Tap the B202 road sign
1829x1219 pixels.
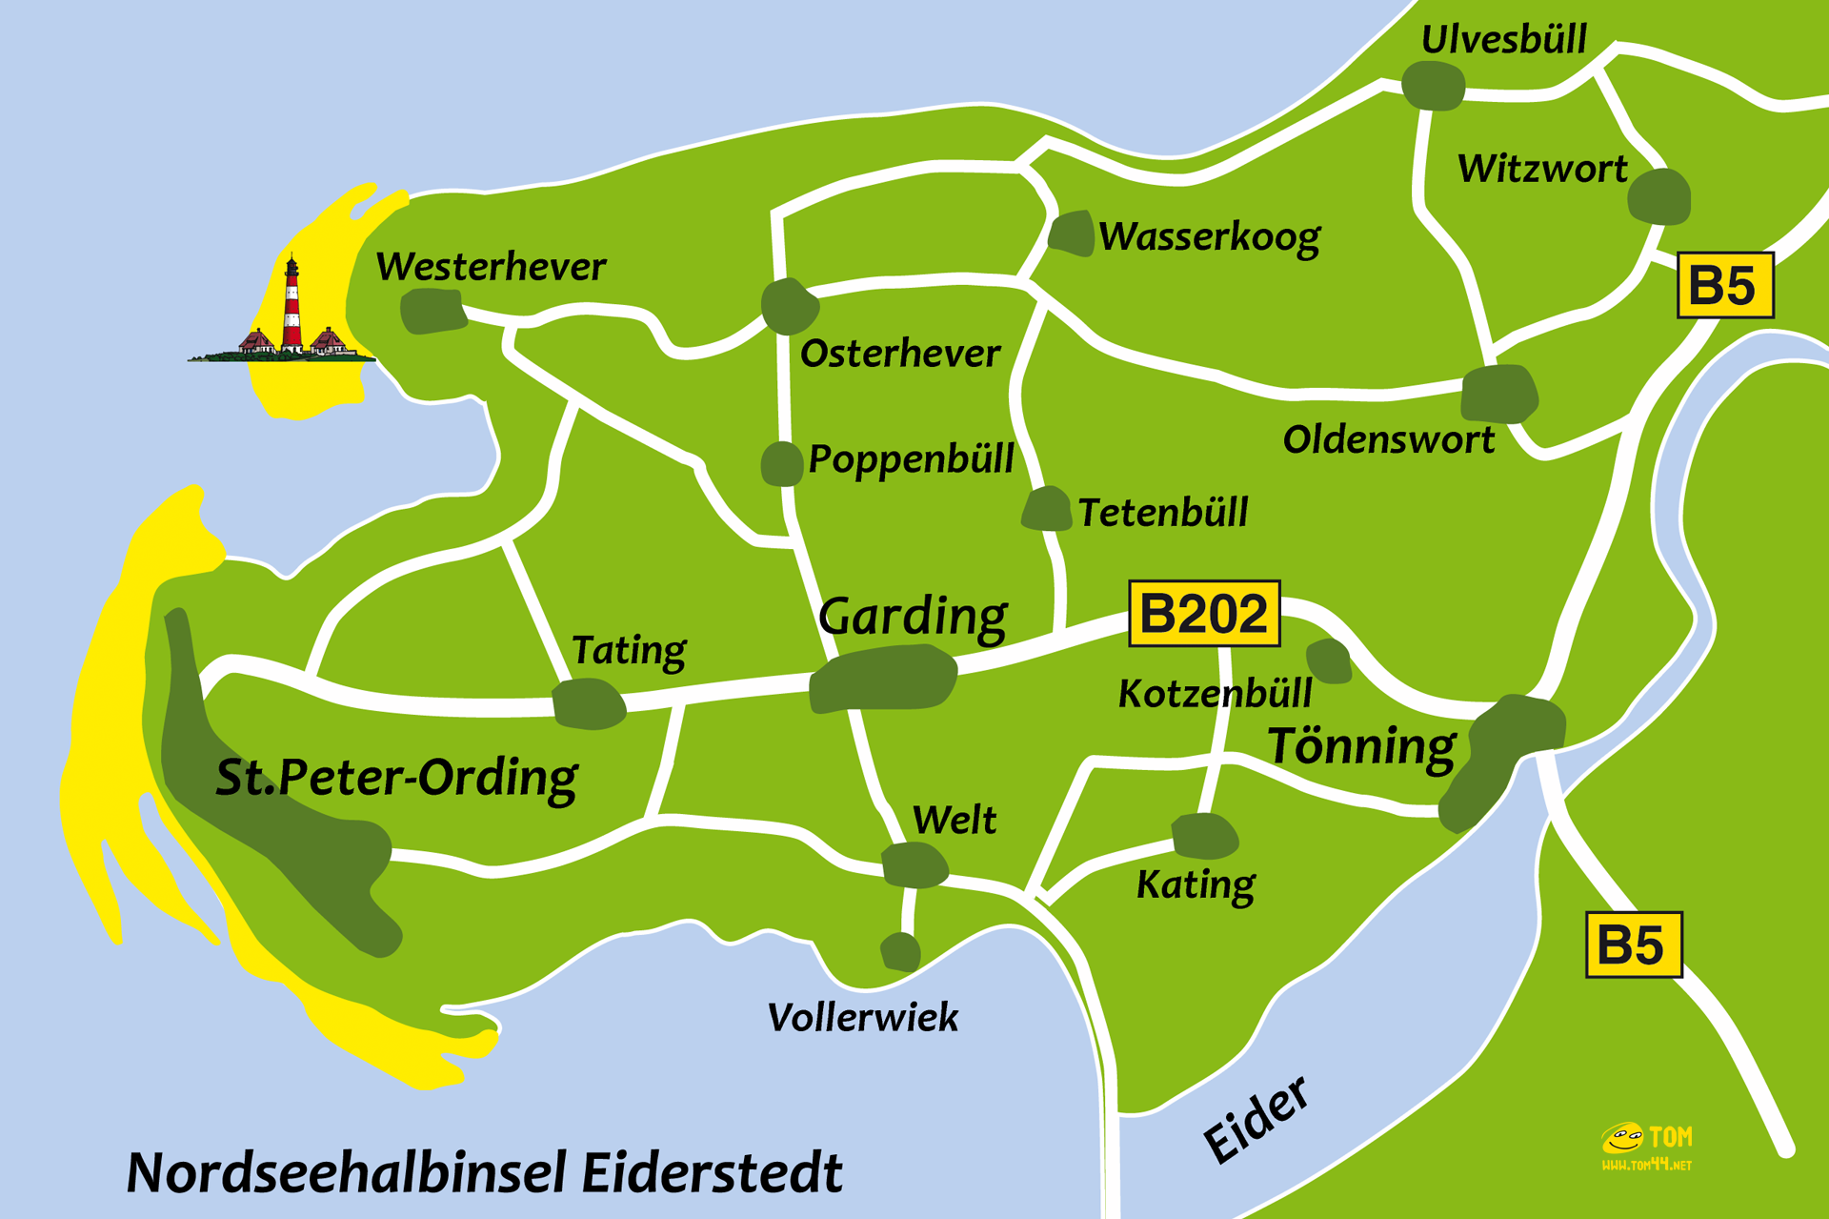(x=1204, y=614)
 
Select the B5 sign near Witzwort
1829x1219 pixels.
(x=1724, y=285)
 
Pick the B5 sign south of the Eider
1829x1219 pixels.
(x=1633, y=945)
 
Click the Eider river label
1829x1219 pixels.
(x=1256, y=1120)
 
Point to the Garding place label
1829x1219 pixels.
(x=912, y=617)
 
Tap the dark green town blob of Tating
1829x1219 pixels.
(x=589, y=704)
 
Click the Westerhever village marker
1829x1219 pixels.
(x=433, y=312)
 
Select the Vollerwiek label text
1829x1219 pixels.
(x=862, y=1018)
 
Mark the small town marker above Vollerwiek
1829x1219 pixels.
(x=900, y=951)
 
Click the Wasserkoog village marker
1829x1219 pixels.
(x=1072, y=234)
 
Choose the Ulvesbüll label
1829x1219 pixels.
(x=1503, y=40)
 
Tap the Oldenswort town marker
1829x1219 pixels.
(x=1498, y=393)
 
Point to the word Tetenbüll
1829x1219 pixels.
(x=1162, y=513)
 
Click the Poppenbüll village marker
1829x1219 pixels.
(x=781, y=464)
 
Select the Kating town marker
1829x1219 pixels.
(x=1204, y=836)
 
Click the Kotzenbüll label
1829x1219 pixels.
(x=1215, y=694)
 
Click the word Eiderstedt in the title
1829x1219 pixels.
(x=712, y=1172)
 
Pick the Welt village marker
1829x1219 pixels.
(x=914, y=864)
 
